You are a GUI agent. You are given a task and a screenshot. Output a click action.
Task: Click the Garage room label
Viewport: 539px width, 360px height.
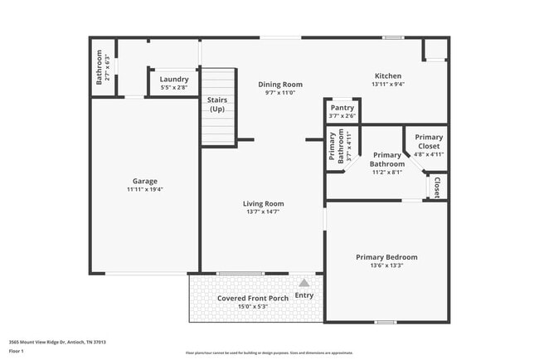click(x=145, y=181)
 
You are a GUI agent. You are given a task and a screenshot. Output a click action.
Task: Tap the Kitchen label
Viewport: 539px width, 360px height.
click(x=387, y=75)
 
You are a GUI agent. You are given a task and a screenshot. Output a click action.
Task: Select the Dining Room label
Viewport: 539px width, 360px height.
click(x=279, y=84)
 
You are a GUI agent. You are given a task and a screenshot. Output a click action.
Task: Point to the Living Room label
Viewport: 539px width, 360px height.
click(x=263, y=203)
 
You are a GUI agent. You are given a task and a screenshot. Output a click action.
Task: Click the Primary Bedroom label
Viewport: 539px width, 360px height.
click(x=386, y=257)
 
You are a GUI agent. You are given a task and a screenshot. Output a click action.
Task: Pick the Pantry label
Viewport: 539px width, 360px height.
click(x=342, y=108)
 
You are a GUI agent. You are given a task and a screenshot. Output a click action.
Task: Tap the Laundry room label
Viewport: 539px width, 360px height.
click(x=174, y=79)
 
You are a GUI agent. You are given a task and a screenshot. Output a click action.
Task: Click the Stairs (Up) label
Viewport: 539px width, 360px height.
click(x=217, y=105)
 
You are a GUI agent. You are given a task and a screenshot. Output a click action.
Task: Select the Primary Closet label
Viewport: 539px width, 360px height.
click(x=429, y=142)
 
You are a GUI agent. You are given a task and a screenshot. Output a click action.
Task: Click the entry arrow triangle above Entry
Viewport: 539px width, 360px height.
click(x=303, y=283)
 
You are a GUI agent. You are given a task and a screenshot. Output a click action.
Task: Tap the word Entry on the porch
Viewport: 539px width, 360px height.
click(x=304, y=295)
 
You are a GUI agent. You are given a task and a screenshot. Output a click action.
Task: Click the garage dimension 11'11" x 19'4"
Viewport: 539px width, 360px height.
click(x=145, y=190)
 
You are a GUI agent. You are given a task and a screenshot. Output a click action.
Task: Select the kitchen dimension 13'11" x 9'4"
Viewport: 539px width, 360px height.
click(x=387, y=84)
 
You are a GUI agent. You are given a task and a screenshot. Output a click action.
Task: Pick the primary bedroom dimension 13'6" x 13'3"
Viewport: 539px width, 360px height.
click(x=386, y=266)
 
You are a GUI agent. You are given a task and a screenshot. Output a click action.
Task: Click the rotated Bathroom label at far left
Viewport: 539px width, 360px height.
click(x=99, y=67)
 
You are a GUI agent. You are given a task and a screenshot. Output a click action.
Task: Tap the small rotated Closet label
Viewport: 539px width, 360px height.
click(x=437, y=187)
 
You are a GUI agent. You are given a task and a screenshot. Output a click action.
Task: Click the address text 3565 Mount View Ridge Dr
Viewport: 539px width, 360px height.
click(x=57, y=342)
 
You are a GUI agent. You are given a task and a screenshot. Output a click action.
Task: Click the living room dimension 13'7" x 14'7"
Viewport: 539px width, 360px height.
click(x=263, y=212)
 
